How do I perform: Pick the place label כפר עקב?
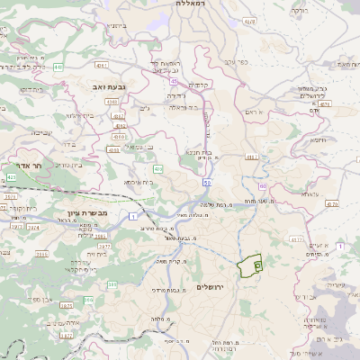236,65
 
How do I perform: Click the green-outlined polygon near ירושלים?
250,265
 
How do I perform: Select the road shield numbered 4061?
102,66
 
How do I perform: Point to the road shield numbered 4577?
296,239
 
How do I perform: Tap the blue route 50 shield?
207,183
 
